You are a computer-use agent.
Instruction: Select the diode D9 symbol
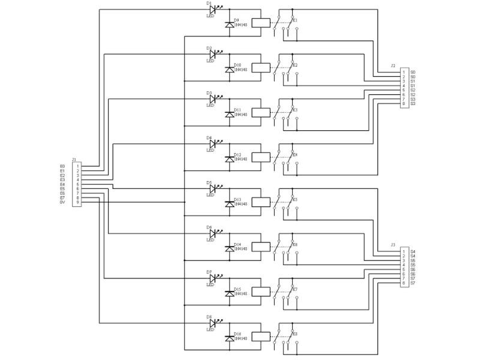click(229, 25)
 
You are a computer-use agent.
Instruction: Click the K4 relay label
click(295, 155)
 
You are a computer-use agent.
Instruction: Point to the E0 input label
click(62, 166)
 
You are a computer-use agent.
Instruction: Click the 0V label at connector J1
click(62, 202)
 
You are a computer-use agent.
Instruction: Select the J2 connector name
click(392, 65)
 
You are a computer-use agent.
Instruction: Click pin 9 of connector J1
click(77, 202)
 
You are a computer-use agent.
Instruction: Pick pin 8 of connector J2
click(404, 104)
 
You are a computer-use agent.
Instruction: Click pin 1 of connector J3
click(404, 251)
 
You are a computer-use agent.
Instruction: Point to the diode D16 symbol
click(229, 338)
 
